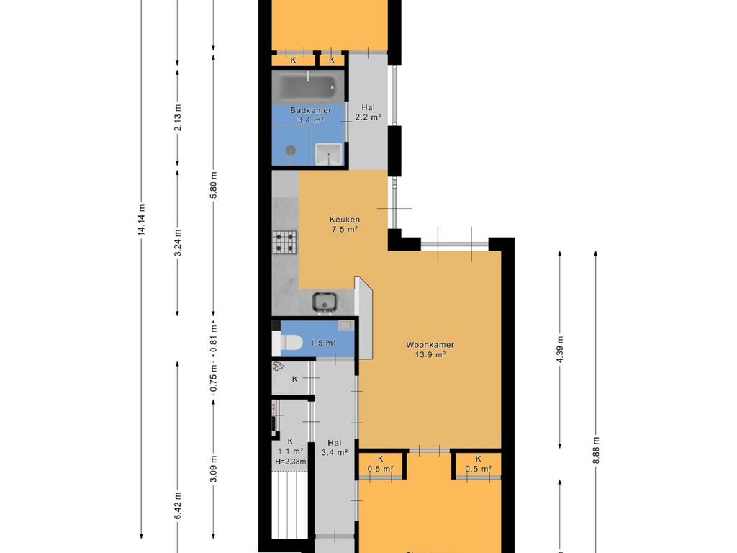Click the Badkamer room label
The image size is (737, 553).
[x=310, y=110]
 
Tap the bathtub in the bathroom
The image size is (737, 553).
[x=309, y=86]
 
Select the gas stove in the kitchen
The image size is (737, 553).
[x=285, y=242]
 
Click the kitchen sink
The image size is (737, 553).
[x=325, y=302]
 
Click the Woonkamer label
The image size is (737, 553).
[x=430, y=345]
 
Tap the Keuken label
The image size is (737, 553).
[x=345, y=219]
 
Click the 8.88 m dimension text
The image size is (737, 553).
[x=596, y=450]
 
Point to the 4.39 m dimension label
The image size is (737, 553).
[x=560, y=349]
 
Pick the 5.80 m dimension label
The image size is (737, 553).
[x=213, y=185]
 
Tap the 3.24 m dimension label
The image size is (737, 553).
[x=177, y=243]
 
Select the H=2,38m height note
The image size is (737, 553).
[x=291, y=462]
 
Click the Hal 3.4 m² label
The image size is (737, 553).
[x=334, y=448]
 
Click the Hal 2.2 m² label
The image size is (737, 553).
[x=368, y=112]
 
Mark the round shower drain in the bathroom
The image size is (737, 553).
[x=291, y=150]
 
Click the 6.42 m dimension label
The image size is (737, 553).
[x=177, y=505]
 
